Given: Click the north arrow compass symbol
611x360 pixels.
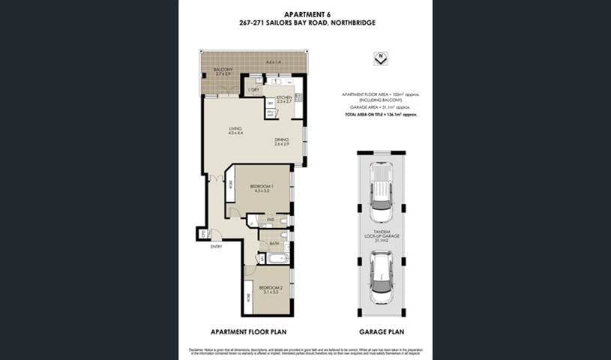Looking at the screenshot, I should [x=381, y=56].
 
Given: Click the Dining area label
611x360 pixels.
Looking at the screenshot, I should [x=282, y=141].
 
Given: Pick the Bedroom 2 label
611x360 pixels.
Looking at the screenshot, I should [x=271, y=289].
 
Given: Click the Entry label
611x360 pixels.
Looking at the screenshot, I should [x=216, y=246].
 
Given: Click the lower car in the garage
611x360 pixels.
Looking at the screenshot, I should [x=381, y=276].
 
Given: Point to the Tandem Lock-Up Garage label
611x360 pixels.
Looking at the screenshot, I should [x=381, y=234].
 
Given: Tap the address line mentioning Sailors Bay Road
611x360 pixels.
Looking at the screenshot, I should [x=306, y=22].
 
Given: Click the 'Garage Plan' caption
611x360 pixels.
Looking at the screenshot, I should [x=382, y=331].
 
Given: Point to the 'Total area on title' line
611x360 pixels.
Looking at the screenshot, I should [x=380, y=115].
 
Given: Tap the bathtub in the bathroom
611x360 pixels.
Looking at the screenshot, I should [x=277, y=259].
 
